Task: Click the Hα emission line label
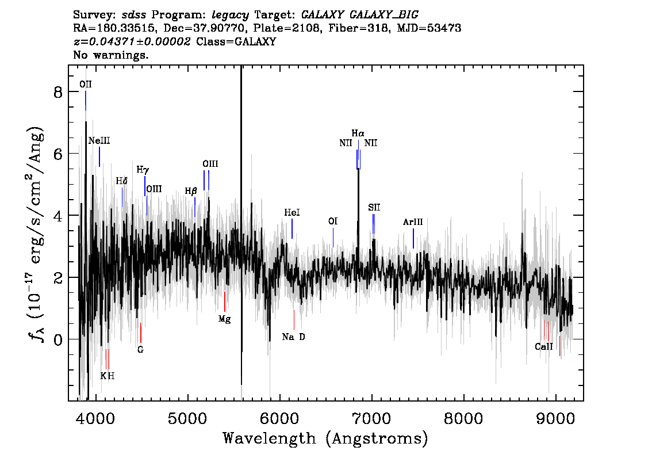coord(358,133)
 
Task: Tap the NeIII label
coord(99,140)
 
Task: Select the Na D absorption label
coord(294,337)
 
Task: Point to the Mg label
coord(225,319)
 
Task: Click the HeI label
coord(292,213)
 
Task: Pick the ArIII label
coord(413,222)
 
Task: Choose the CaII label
coord(544,346)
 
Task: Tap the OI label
coord(333,221)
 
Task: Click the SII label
coord(374,207)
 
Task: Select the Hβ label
coord(191,192)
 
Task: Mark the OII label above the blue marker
coord(86,85)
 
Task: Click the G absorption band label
coord(140,350)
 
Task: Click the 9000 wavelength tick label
coord(555,419)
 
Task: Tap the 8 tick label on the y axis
coord(58,92)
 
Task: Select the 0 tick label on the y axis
coord(58,339)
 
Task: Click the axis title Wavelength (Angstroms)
coord(325,438)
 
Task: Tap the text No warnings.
coord(110,55)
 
